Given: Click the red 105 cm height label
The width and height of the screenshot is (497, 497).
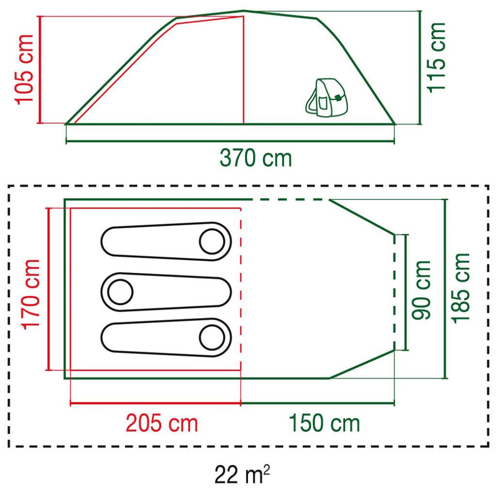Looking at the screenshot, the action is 24,69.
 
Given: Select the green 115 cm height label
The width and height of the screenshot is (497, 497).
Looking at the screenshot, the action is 436,58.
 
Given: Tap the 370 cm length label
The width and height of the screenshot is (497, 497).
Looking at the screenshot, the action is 255,158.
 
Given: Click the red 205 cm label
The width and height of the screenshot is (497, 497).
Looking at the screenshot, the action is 162,423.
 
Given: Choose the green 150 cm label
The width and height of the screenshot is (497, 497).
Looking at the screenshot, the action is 324,423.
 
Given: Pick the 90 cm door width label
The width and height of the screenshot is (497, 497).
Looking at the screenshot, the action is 421,290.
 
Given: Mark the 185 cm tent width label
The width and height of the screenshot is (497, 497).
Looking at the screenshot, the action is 461,288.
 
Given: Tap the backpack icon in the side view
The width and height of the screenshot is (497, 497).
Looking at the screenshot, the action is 327,97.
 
